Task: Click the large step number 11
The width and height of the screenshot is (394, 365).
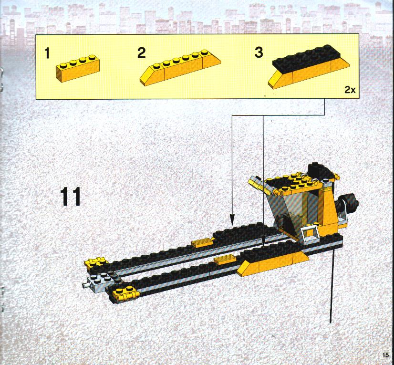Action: (71, 196)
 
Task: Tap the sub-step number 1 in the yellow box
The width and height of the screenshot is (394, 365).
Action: (47, 53)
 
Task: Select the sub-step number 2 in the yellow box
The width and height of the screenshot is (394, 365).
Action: (142, 53)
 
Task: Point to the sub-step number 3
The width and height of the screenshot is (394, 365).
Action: (259, 52)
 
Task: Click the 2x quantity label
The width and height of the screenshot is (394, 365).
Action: (350, 90)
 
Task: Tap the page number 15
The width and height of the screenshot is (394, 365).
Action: (385, 355)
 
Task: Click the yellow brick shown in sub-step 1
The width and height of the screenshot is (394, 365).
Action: (78, 68)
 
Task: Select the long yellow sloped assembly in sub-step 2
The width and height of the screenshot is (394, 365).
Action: (180, 67)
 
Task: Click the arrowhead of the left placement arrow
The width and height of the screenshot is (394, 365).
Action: (232, 219)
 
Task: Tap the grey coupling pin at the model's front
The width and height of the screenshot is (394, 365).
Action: (86, 285)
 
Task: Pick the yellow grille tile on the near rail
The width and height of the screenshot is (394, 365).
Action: (225, 260)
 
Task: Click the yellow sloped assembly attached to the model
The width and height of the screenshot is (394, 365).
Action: (274, 264)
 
